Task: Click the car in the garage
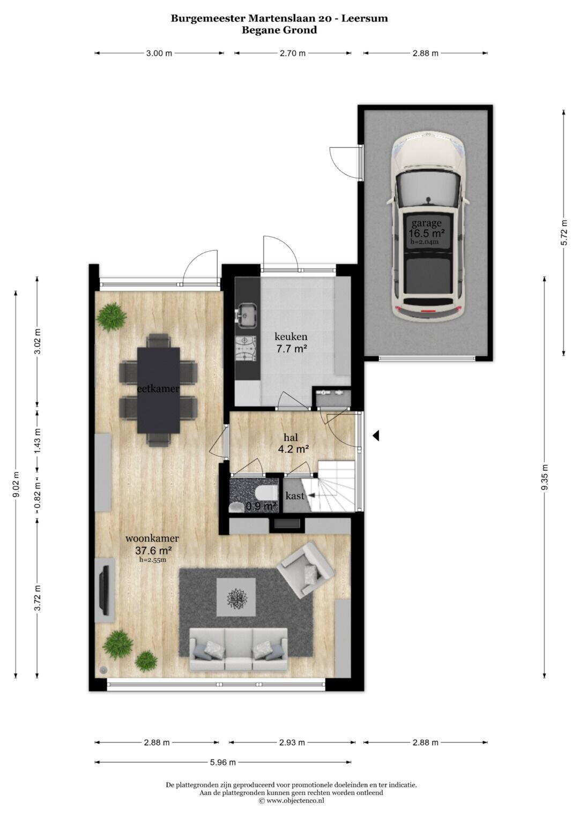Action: pyautogui.click(x=427, y=227)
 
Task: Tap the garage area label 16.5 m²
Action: pyautogui.click(x=427, y=232)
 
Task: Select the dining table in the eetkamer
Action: pyautogui.click(x=159, y=389)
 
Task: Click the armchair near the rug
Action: pyautogui.click(x=306, y=568)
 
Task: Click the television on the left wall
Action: pyautogui.click(x=105, y=590)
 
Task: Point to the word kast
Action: pyautogui.click(x=295, y=496)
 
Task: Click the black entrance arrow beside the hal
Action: pyautogui.click(x=376, y=436)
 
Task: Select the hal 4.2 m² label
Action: pyautogui.click(x=291, y=443)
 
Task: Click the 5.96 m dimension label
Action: pyautogui.click(x=222, y=762)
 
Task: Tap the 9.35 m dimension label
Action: pyautogui.click(x=545, y=478)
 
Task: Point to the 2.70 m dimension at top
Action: pyautogui.click(x=292, y=54)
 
